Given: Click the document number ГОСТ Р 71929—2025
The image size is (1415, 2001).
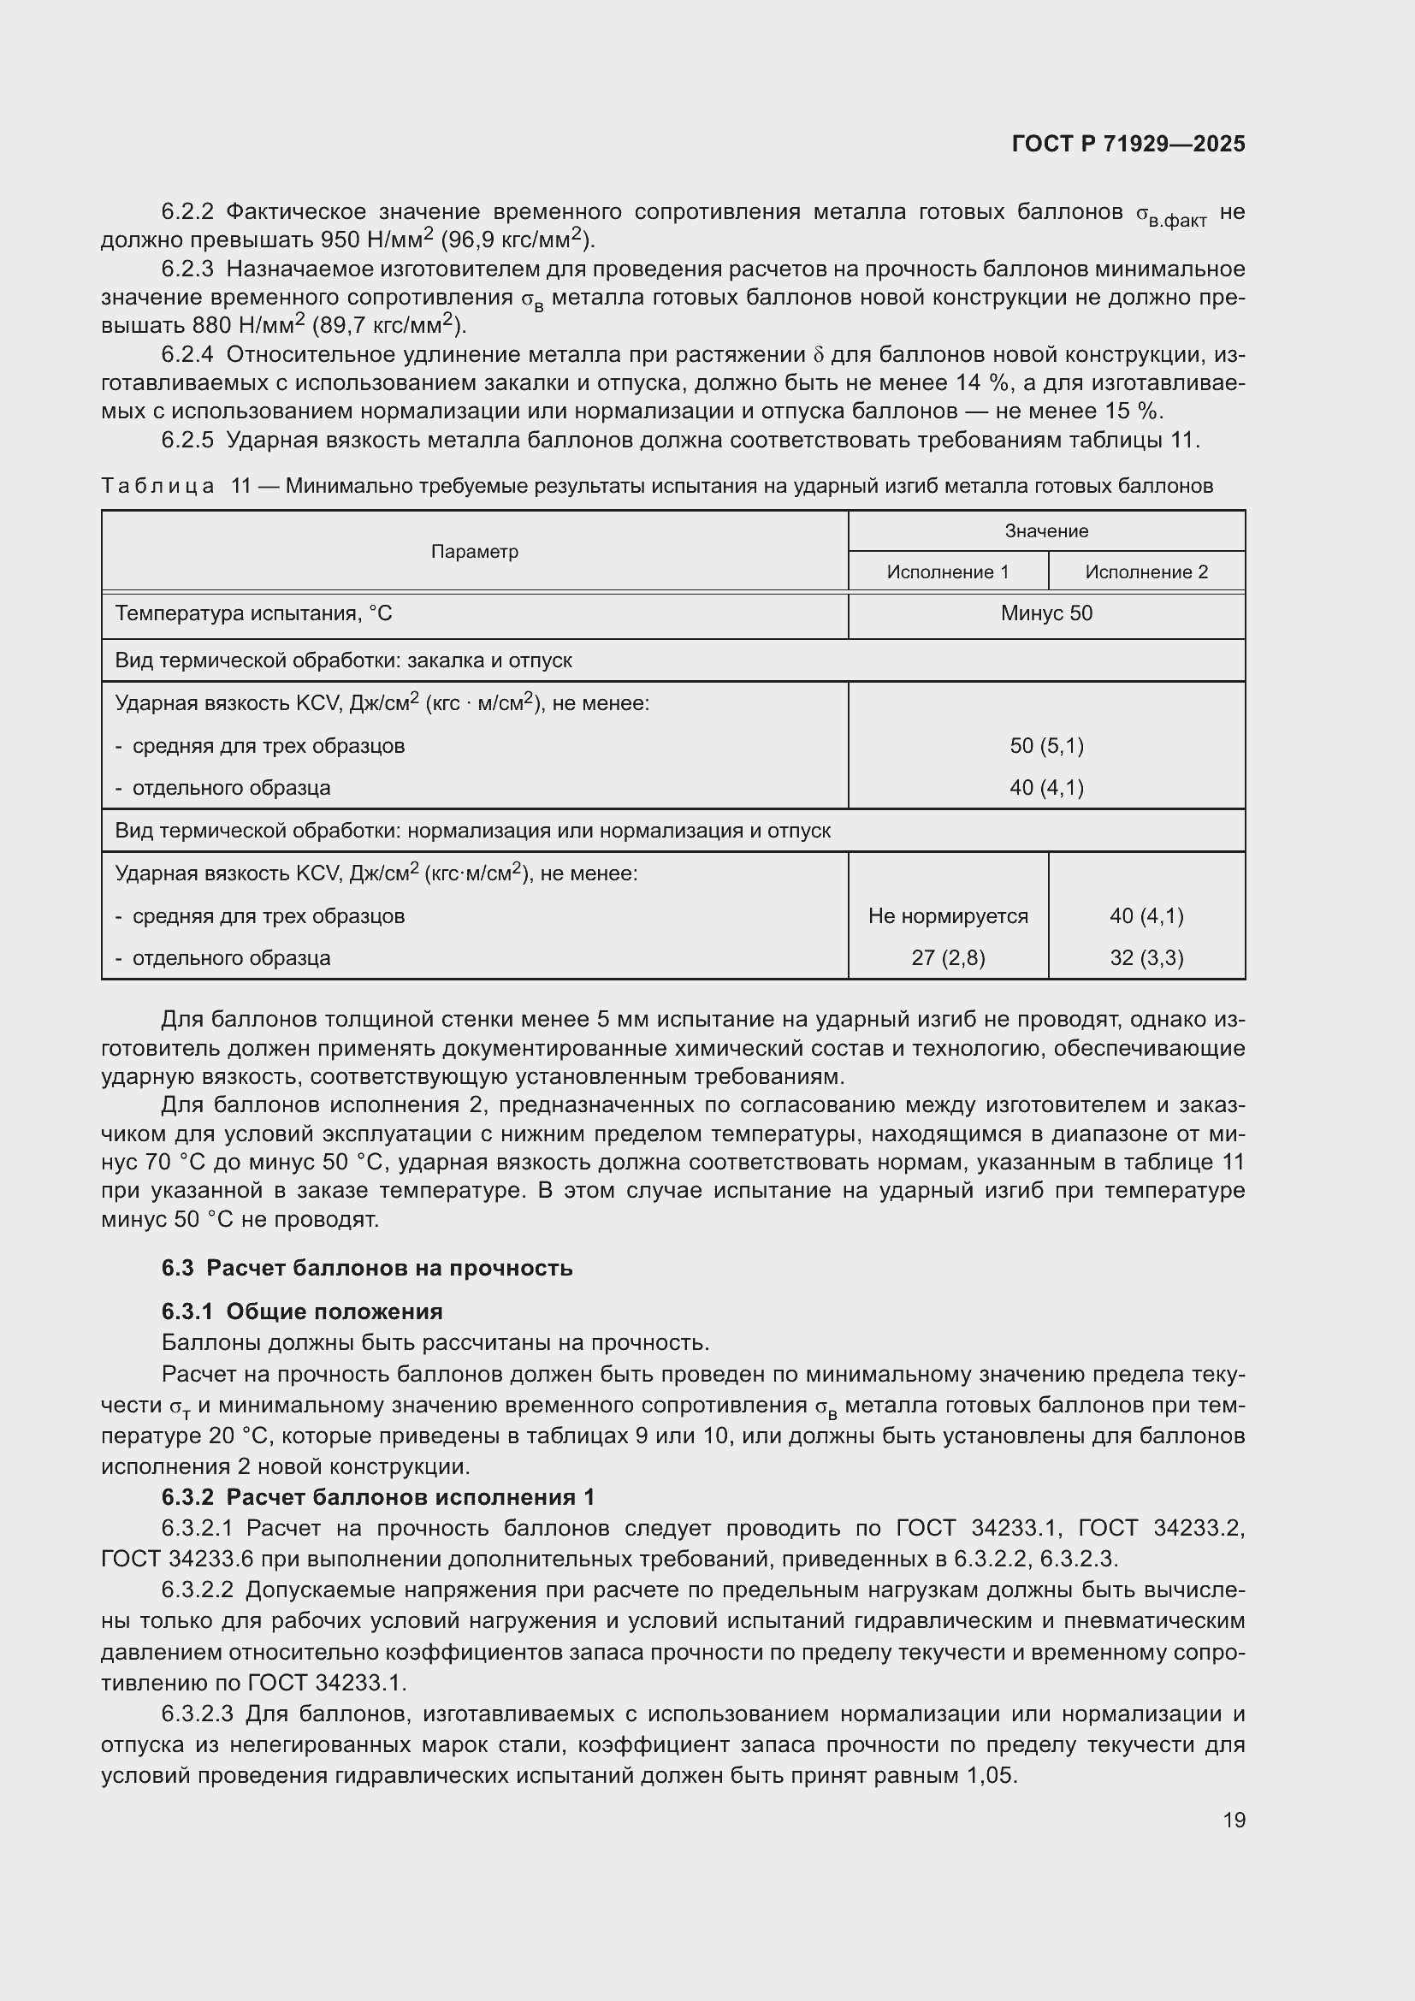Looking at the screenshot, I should coord(1128,144).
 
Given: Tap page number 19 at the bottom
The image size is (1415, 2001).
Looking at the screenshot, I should coord(1234,1820).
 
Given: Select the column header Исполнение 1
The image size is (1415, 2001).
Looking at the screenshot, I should coord(947,571).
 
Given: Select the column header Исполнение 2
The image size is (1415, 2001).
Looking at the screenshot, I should coord(1146,571).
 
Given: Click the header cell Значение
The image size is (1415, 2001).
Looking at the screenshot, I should coord(1045,530).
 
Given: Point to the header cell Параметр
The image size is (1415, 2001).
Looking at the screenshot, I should coord(474,551).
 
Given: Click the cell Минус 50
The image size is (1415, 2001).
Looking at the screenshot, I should coord(1045,613).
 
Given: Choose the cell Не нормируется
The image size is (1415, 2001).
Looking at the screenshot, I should coord(947,916).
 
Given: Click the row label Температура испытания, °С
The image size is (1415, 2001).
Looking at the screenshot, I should coord(253,613).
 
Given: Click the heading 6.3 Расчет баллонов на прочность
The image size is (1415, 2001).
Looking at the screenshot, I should coord(367,1267).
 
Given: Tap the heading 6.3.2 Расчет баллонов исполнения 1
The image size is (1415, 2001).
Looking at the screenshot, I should coord(377,1496).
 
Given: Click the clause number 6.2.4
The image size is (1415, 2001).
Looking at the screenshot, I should coord(186,355).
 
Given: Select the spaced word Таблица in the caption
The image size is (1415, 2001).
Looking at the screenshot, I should coord(157,486).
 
